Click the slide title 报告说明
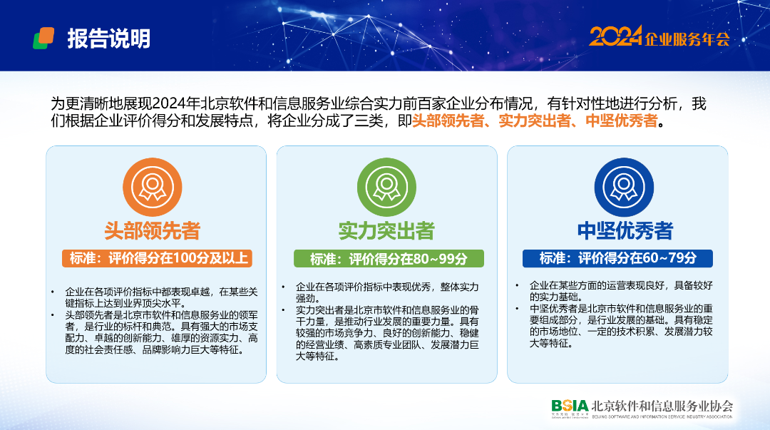point(108,39)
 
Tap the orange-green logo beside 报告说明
point(43,39)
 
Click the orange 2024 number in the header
point(615,36)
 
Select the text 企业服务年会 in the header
point(687,39)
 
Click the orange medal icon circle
point(153,188)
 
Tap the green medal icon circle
point(386,188)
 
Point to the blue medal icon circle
point(624,188)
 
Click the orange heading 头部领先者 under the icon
point(153,230)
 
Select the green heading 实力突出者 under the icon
point(386,230)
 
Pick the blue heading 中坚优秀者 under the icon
point(625,230)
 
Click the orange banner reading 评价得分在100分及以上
point(157,258)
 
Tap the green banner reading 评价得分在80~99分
point(389,258)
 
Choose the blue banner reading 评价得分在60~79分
point(617,258)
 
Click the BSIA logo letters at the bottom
point(570,406)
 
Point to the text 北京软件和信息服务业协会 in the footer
point(662,406)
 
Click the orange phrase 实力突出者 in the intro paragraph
point(535,121)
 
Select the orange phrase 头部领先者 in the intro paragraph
point(448,121)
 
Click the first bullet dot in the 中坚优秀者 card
point(517,285)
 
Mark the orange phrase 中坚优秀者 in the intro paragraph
point(622,121)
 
